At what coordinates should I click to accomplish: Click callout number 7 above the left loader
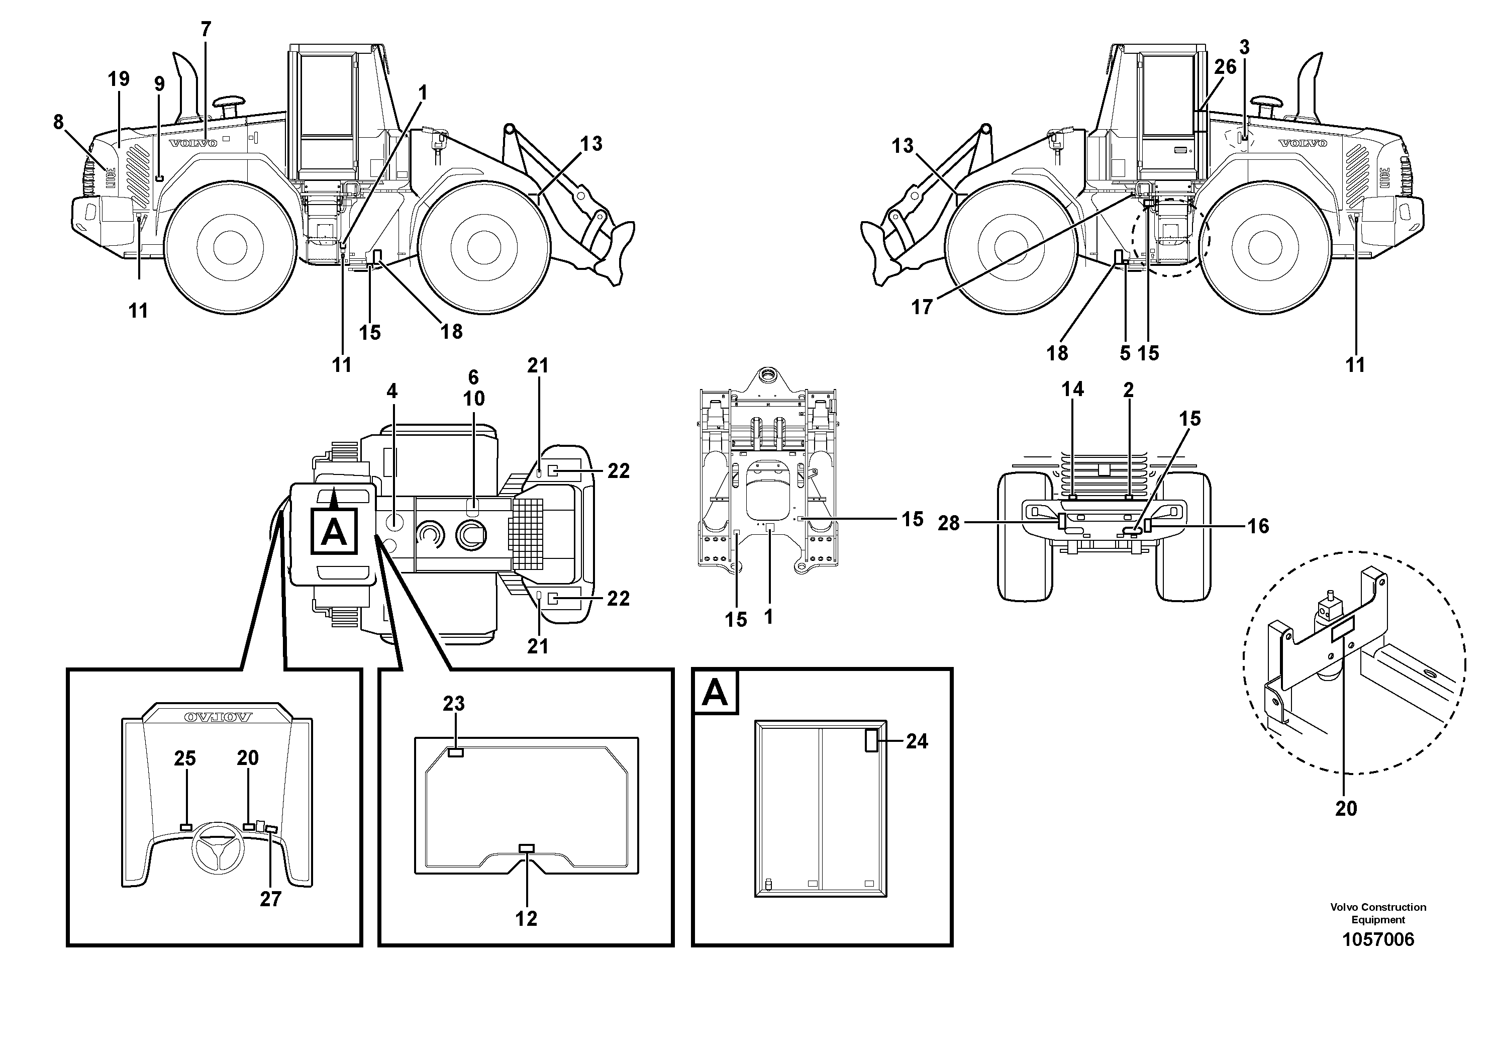pyautogui.click(x=206, y=29)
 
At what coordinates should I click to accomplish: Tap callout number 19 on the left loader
pyautogui.click(x=119, y=79)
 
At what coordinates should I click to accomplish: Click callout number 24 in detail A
pyautogui.click(x=917, y=741)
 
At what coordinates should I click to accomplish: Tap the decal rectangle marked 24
pyautogui.click(x=871, y=741)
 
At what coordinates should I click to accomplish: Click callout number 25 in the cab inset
pyautogui.click(x=185, y=758)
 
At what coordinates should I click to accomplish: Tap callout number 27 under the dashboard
pyautogui.click(x=270, y=899)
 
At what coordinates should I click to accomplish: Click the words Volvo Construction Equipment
pyautogui.click(x=1378, y=914)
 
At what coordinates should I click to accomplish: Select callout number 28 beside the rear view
pyautogui.click(x=949, y=523)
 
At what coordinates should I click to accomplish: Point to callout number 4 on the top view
pyautogui.click(x=391, y=391)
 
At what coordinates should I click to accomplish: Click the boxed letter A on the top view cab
pyautogui.click(x=334, y=532)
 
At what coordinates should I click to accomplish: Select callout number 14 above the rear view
pyautogui.click(x=1072, y=389)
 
